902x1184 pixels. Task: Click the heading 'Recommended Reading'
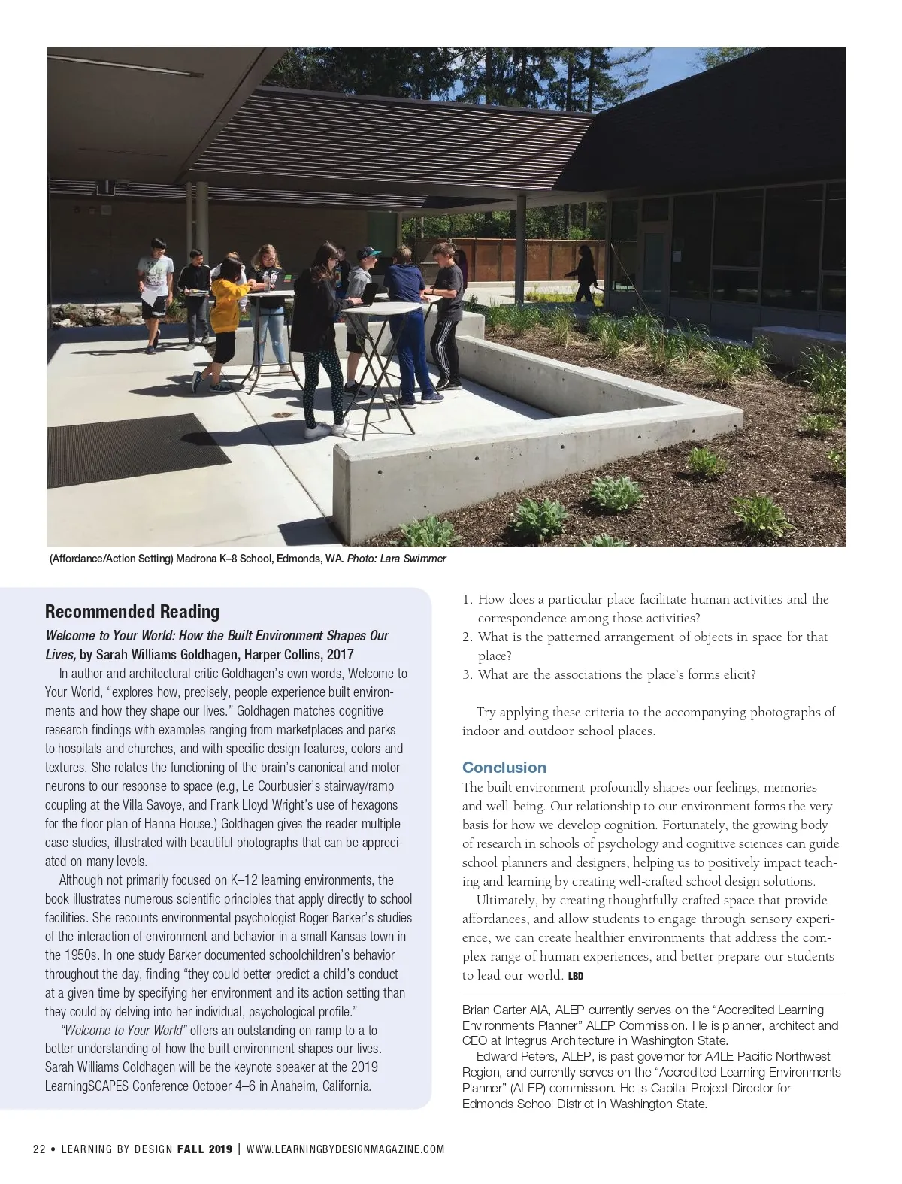[x=132, y=612]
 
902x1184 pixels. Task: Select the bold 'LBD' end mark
[x=576, y=977]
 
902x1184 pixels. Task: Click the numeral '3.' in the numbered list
[x=467, y=674]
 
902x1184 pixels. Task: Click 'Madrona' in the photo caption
[x=195, y=559]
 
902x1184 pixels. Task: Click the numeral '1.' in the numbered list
[x=467, y=600]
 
